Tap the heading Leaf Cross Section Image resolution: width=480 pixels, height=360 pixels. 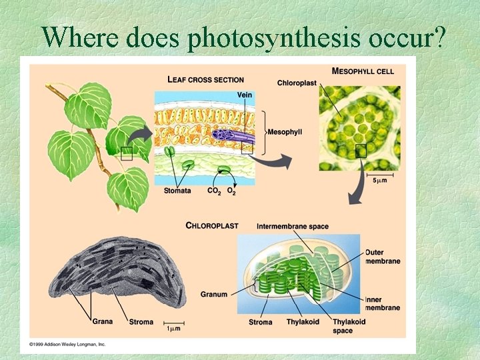click(x=205, y=80)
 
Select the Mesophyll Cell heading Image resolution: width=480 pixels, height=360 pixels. click(x=363, y=71)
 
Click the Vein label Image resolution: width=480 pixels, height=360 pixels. click(x=245, y=95)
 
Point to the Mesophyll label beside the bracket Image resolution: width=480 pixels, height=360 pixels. click(x=285, y=132)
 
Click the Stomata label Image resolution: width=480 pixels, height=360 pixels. click(x=177, y=191)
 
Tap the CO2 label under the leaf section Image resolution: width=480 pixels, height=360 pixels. click(x=214, y=191)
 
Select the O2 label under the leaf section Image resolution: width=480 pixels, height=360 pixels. click(x=231, y=191)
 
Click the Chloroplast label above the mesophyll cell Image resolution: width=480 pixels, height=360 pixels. click(x=297, y=83)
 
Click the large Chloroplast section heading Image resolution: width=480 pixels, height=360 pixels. click(x=212, y=226)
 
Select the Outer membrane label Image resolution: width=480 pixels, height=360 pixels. click(x=383, y=257)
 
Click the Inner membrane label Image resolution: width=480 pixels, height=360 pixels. click(x=383, y=304)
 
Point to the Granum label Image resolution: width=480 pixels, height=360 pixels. click(x=214, y=294)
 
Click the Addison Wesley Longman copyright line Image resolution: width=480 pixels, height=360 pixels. click(x=67, y=344)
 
